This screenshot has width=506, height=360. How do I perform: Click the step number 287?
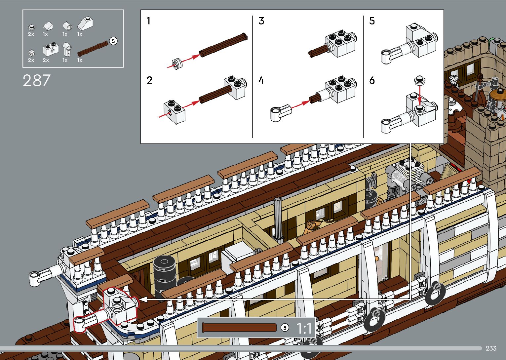click(x=37, y=81)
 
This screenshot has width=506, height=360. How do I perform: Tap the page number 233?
click(x=491, y=348)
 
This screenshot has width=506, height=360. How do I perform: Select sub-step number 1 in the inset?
click(x=148, y=21)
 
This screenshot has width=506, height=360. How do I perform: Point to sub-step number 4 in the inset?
click(x=261, y=80)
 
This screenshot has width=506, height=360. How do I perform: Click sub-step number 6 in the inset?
click(x=372, y=80)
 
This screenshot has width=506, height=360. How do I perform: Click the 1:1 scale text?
click(x=304, y=328)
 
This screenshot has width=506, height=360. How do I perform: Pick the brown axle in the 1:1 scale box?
click(x=239, y=328)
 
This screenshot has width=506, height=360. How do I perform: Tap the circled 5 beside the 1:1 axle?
click(x=285, y=328)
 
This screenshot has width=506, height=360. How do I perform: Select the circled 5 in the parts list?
click(x=113, y=41)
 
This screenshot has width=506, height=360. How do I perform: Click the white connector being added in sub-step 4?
click(x=280, y=112)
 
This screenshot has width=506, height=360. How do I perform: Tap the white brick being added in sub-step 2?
click(x=174, y=111)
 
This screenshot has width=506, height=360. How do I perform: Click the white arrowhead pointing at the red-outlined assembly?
click(x=143, y=300)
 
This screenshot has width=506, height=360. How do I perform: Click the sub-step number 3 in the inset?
click(x=261, y=21)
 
